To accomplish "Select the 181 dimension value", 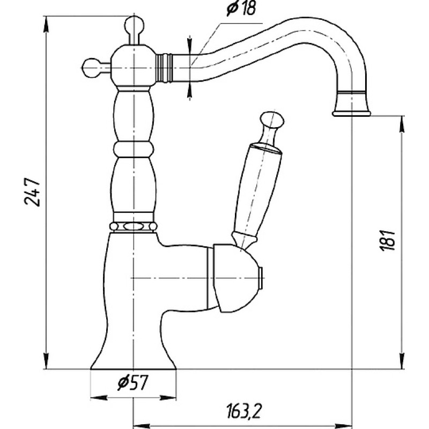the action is tap(387, 240).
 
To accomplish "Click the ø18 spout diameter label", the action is tap(241, 8).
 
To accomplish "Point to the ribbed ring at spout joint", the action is tap(164, 68).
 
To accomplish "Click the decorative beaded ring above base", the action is tap(133, 226).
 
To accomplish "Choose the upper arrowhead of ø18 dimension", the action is tap(189, 45).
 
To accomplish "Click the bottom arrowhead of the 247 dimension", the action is tap(46, 361).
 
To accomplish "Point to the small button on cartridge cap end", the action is tap(261, 278).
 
